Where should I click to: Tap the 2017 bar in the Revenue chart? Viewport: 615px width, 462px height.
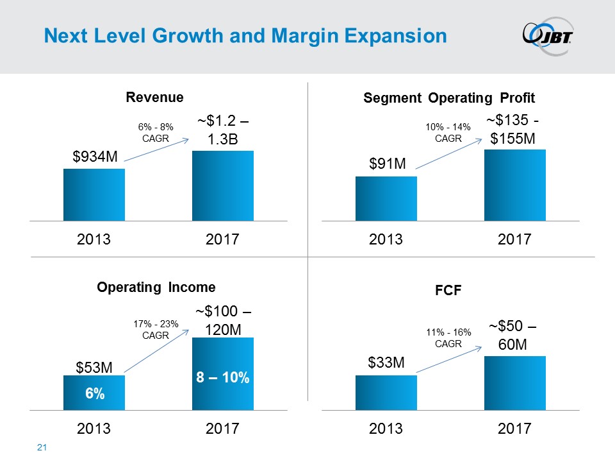tap(223, 186)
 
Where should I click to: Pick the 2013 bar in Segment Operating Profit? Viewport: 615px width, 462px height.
tap(386, 199)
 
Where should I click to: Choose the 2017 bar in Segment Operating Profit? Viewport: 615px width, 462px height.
tap(514, 185)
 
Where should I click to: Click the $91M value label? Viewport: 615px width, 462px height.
tap(386, 165)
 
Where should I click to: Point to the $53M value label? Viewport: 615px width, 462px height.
tap(94, 368)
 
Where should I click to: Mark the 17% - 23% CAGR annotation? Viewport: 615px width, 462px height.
tap(156, 329)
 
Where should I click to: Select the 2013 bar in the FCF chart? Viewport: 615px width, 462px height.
tap(386, 392)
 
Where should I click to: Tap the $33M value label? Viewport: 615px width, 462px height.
tap(386, 363)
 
